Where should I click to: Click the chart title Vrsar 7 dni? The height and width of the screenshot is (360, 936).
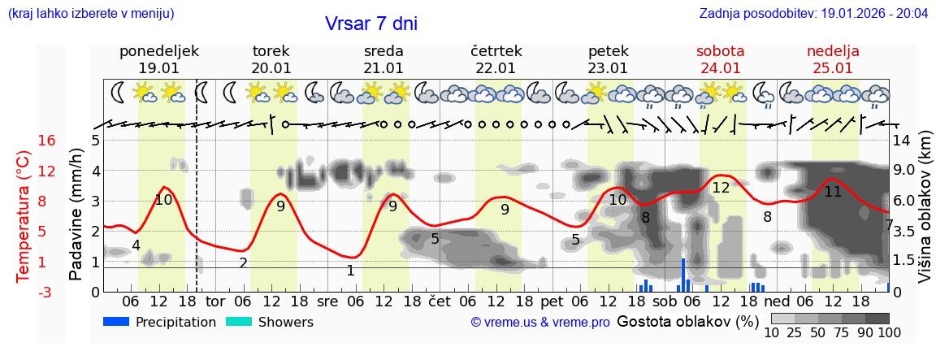[x=370, y=24]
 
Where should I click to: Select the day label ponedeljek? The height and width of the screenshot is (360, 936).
[x=158, y=51]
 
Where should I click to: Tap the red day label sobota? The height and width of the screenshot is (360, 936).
[x=720, y=51]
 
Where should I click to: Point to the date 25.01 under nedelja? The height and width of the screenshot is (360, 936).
[x=833, y=68]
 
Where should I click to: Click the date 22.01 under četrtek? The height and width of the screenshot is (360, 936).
[x=496, y=68]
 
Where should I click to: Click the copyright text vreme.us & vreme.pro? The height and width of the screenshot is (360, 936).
[x=540, y=323]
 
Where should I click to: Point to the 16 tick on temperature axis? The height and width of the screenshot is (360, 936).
[x=47, y=141]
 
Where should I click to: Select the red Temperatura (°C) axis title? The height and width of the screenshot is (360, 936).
[x=24, y=215]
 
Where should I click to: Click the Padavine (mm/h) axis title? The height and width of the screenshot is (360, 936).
[x=76, y=215]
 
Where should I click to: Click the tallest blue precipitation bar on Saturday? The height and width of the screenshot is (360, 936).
[x=683, y=275]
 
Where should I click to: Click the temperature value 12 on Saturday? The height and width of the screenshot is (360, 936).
[x=721, y=188]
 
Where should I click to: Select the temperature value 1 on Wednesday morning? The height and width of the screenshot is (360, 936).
[x=350, y=271]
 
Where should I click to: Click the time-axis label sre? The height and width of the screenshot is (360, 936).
[x=327, y=301]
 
